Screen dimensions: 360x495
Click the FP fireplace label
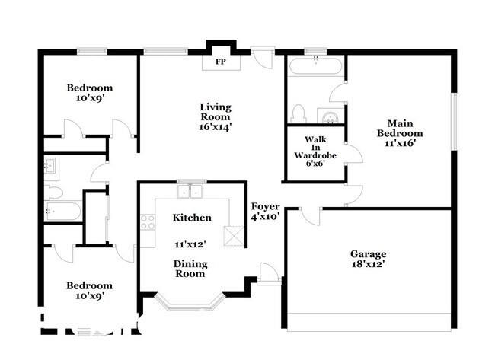coord(221,62)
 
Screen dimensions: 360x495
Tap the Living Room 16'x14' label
coord(216,117)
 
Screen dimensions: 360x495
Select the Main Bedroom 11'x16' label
coord(400,133)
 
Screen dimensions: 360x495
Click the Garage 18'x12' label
coord(368,259)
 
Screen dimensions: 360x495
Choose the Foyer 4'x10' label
coord(266,212)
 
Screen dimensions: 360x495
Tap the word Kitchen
coord(192,218)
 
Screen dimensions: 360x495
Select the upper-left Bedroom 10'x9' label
coord(89,93)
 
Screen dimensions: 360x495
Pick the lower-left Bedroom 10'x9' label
coord(89,291)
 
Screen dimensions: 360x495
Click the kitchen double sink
coord(190,191)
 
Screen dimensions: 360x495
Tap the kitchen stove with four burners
coord(148,221)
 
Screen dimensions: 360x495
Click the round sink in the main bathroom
coord(330,116)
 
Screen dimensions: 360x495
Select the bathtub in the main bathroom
coord(315,66)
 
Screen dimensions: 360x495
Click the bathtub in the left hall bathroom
coord(62,211)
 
